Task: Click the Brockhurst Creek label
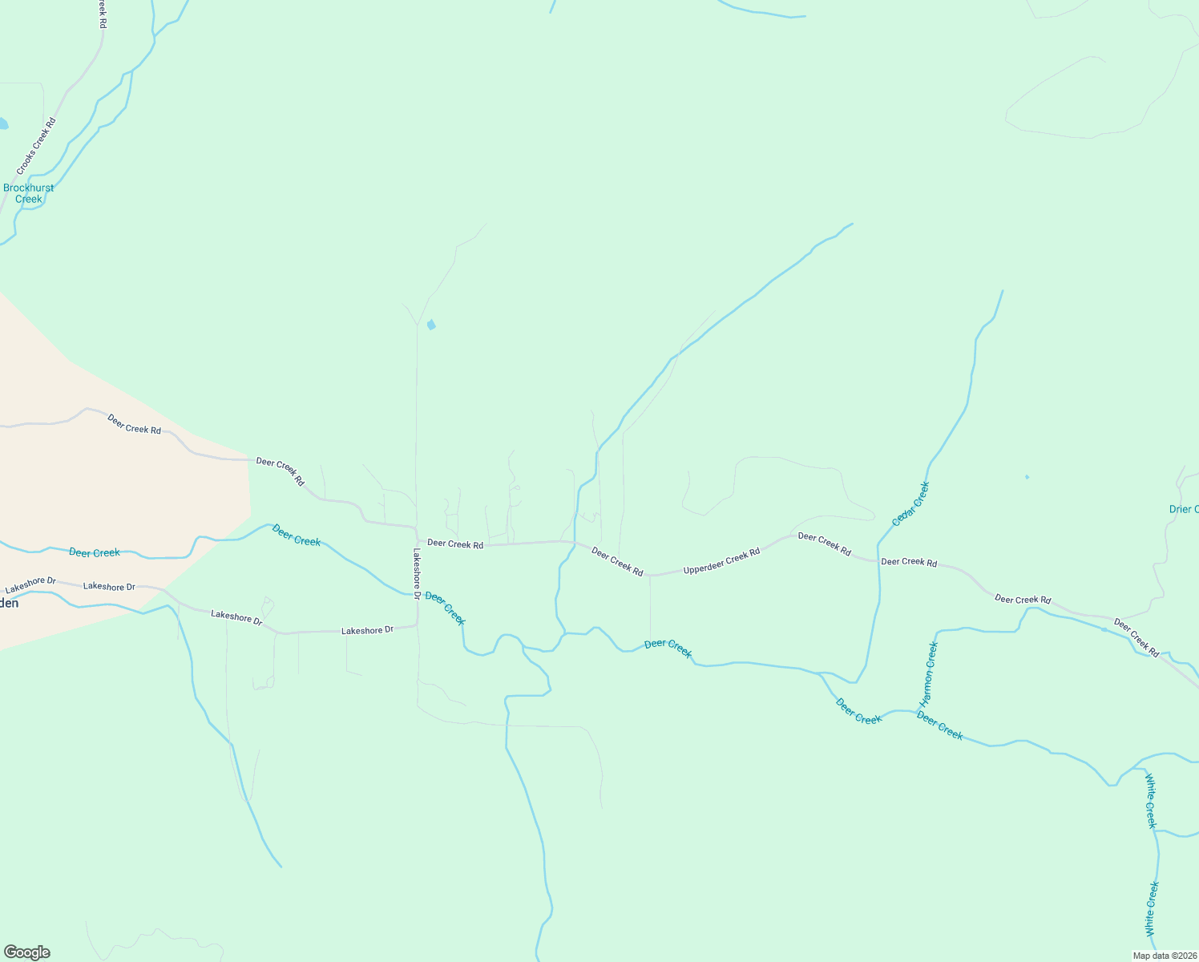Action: (x=28, y=193)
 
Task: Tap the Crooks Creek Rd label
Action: (x=37, y=147)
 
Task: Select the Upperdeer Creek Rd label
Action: (x=721, y=561)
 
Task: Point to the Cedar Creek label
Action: (x=911, y=503)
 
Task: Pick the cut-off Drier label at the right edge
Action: (x=1183, y=509)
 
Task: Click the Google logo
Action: (x=27, y=952)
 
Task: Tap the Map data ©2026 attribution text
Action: (x=1164, y=956)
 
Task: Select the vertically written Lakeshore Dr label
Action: (x=417, y=574)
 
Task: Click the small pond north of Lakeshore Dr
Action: (x=431, y=325)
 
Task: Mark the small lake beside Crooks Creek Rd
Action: (x=3, y=124)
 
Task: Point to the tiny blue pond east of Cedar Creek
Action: (x=1027, y=477)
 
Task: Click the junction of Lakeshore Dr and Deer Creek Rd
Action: (x=417, y=530)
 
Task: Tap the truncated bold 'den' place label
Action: (x=9, y=603)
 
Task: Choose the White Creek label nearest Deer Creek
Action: (x=1151, y=801)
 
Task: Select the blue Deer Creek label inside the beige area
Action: (x=95, y=552)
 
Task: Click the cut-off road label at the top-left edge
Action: (x=103, y=14)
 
